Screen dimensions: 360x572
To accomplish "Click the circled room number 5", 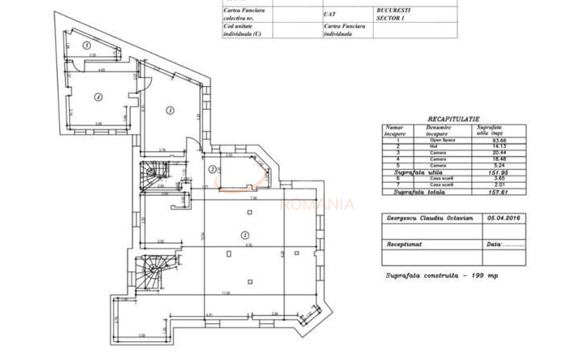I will (87, 45).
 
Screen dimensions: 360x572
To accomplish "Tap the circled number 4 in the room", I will (98, 97).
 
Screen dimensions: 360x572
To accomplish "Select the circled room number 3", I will (170, 110).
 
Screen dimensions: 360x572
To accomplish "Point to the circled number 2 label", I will (212, 169).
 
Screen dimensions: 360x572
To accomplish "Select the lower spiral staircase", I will (152, 271).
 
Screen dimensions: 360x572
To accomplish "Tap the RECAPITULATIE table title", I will (453, 119).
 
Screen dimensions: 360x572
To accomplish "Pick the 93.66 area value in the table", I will (498, 140).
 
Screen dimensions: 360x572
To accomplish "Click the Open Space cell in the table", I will (442, 140).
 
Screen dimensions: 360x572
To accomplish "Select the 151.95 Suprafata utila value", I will (498, 172).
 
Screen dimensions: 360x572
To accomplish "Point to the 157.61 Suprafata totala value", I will (498, 192).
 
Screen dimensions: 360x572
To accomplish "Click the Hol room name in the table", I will (433, 146).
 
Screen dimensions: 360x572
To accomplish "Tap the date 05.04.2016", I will (503, 218).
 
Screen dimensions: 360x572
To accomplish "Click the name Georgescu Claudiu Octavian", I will (430, 218).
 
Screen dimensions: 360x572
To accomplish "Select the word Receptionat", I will (404, 245).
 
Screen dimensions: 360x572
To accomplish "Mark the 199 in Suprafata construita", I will (478, 275).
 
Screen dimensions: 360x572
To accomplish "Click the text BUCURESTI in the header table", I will (393, 10).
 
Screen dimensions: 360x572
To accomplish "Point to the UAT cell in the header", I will (329, 14).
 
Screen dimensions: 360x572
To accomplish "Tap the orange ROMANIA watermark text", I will (317, 204).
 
